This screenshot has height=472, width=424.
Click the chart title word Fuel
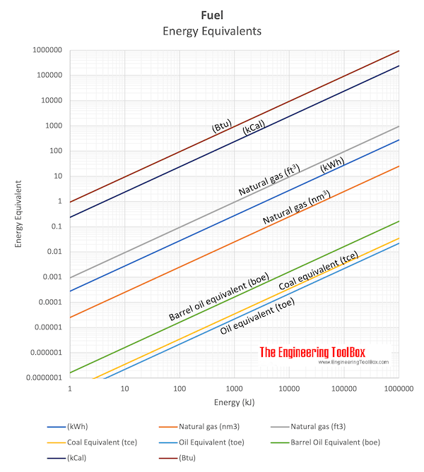point(212,14)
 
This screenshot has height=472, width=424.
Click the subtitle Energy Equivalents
point(212,31)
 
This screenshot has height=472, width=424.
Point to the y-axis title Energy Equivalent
point(20,214)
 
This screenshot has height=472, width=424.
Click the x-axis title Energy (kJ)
point(233,402)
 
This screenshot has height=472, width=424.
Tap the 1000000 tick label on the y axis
point(45,51)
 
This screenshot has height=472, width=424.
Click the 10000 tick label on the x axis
point(289,389)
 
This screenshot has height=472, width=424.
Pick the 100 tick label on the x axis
point(179,389)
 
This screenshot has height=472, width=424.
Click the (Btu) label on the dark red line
point(222,126)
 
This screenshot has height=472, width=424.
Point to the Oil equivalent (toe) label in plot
point(258,317)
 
